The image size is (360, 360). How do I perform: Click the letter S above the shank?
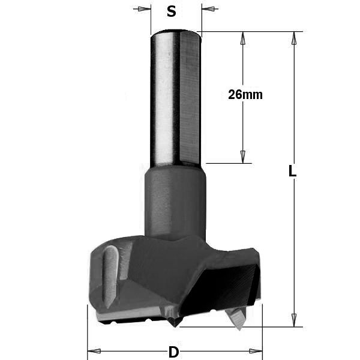pos(171,11)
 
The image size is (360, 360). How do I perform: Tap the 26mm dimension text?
pos(245,95)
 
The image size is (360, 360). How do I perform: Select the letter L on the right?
pos(292,170)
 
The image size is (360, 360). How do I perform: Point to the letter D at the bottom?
pos(173,352)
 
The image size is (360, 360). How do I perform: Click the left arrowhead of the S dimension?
pos(144,9)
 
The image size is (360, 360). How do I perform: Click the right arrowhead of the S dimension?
pos(208,9)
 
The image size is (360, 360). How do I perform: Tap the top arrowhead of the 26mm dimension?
pos(243,38)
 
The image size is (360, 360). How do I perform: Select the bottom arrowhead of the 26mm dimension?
pos(243,157)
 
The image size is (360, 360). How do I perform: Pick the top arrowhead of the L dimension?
pos(294,38)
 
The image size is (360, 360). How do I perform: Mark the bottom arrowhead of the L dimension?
pos(294,320)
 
